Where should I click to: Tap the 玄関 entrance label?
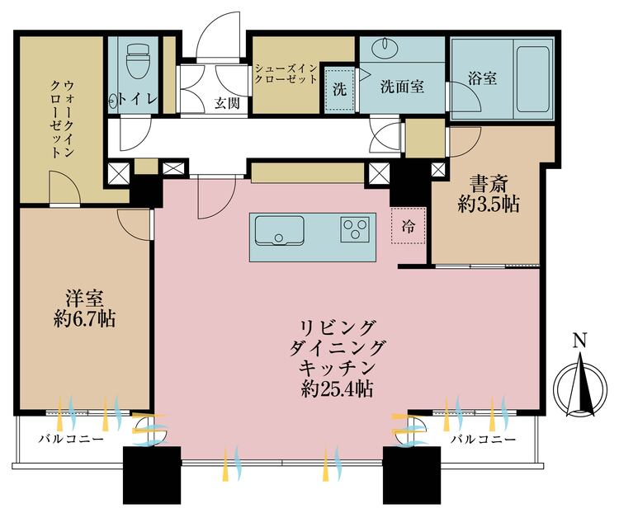[227, 103]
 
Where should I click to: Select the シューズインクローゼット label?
[286, 73]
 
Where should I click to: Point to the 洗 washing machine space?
[339, 90]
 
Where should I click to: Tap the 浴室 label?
[483, 78]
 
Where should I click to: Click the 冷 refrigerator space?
[409, 226]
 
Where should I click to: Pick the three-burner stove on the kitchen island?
[355, 229]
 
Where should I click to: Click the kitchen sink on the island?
[279, 230]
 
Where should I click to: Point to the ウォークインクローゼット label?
[62, 119]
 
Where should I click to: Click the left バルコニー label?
[71, 439]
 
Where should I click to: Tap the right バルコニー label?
[484, 439]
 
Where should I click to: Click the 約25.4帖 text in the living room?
[337, 389]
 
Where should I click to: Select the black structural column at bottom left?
[152, 475]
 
